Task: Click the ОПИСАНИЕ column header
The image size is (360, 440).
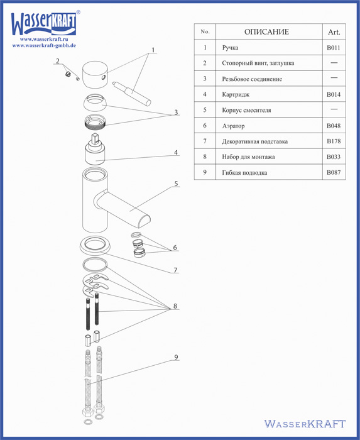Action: click(x=266, y=31)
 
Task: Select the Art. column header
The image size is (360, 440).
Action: click(x=334, y=32)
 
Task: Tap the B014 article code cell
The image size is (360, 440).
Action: click(x=334, y=94)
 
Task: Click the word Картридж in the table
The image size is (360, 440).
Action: click(x=236, y=94)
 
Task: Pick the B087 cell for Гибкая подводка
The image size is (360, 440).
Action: click(x=334, y=172)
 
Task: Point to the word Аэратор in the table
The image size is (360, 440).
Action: click(x=233, y=126)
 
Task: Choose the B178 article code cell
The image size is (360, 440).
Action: click(x=334, y=141)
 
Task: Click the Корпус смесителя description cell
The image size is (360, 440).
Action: click(x=246, y=110)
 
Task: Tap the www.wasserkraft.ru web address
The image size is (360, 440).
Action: click(x=44, y=39)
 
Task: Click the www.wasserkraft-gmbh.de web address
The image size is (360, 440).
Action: click(x=44, y=45)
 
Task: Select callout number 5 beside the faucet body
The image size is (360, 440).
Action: click(x=176, y=184)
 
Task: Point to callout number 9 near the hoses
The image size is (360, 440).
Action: click(x=176, y=357)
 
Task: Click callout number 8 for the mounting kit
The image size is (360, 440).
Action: click(x=175, y=306)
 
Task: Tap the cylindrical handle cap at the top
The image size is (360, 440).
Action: click(x=95, y=75)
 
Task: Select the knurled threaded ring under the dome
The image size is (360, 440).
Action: click(x=95, y=122)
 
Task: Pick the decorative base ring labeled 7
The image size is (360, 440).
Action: click(x=95, y=245)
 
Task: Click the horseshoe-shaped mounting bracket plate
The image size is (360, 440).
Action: click(x=95, y=285)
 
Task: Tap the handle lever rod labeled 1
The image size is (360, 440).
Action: click(x=132, y=94)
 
